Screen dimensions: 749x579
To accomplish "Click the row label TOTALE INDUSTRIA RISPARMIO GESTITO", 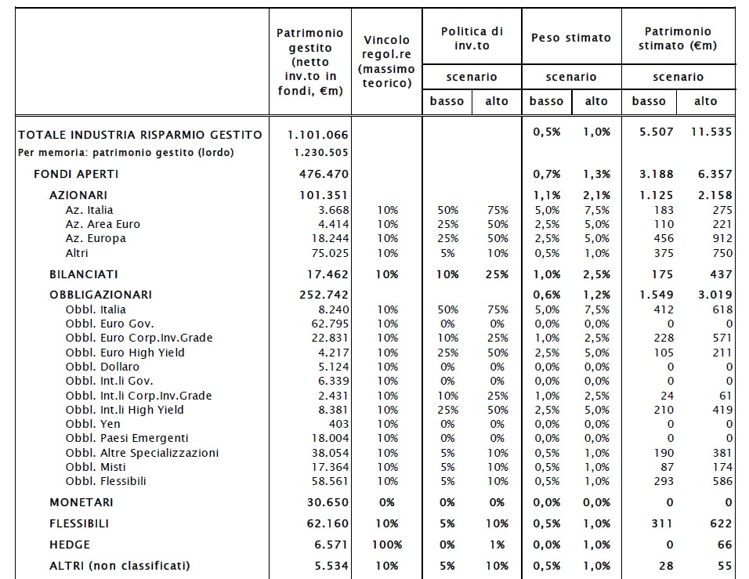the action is tap(140, 136).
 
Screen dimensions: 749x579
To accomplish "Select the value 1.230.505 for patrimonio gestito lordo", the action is tap(321, 153).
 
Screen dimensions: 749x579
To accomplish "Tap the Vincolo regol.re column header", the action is tap(386, 62).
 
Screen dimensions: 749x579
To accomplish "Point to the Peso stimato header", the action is tap(571, 38).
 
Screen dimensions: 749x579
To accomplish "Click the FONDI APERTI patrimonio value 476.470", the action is tap(324, 174).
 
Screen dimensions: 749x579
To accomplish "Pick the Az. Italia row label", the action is tap(89, 210).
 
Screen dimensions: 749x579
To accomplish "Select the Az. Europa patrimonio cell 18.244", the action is tap(330, 238).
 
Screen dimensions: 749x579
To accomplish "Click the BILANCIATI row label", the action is tap(84, 274).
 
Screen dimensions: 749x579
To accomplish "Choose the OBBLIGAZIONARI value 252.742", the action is tap(324, 295).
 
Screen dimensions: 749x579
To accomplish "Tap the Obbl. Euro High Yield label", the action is tap(125, 353).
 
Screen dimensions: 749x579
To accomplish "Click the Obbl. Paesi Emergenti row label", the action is tap(127, 438).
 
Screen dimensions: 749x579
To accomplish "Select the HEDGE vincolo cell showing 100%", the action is tap(387, 545).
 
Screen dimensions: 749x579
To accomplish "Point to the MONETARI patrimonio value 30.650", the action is tap(327, 502).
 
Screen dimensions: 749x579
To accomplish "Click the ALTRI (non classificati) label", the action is tap(120, 566).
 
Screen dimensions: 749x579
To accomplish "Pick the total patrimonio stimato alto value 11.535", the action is tap(711, 132).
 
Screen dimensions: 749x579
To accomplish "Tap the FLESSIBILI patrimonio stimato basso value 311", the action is tap(661, 523).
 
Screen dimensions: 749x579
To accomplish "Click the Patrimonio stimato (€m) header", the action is tap(678, 38).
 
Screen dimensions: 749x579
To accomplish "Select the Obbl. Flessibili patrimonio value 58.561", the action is tap(330, 481).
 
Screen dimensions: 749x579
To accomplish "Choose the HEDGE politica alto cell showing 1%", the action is tap(497, 545).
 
